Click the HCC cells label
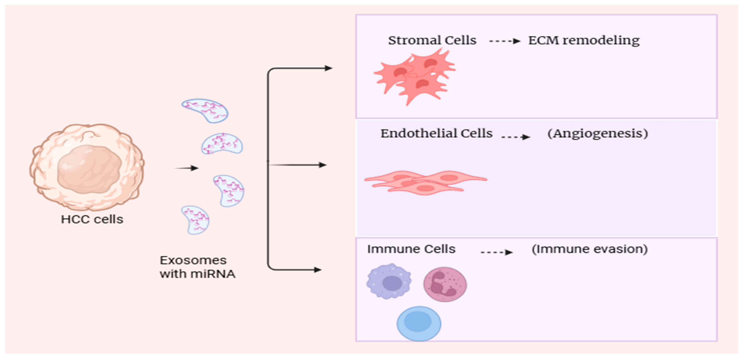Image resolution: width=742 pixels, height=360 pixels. point(92,220)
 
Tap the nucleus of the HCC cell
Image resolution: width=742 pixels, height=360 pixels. point(89,169)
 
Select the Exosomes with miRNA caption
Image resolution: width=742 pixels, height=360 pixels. point(197,267)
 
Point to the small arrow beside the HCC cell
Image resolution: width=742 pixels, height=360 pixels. point(187,168)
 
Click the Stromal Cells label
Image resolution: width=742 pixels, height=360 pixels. point(432,40)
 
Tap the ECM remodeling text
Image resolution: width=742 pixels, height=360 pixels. point(584,40)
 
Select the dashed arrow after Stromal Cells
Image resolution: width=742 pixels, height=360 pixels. point(505,41)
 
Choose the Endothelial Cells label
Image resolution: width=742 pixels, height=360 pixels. point(436,133)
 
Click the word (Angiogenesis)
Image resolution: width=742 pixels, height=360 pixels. point(598,133)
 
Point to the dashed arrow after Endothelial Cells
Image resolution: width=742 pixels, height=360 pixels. point(516,137)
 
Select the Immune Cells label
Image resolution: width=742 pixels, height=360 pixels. point(411,249)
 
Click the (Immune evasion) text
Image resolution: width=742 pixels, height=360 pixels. point(590,249)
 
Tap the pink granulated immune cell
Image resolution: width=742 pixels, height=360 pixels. point(445,284)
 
